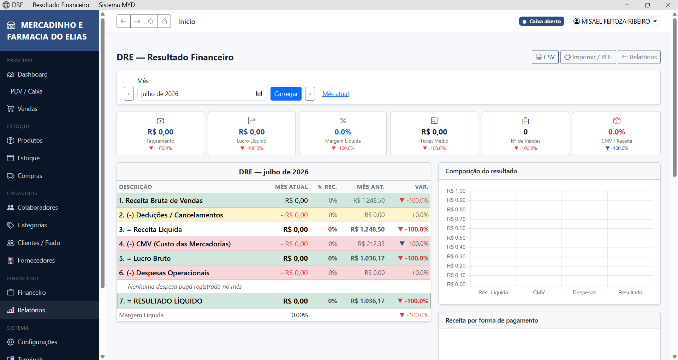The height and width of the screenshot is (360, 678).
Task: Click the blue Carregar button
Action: point(286,94)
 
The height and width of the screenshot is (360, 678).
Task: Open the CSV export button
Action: point(545,57)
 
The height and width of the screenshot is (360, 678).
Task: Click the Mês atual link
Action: point(335,94)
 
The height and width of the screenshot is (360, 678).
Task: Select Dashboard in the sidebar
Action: point(32,74)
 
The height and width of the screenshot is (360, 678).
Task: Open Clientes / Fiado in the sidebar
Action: point(39,243)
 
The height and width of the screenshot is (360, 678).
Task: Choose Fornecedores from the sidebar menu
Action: point(36,260)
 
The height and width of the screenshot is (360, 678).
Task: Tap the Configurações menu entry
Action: point(37,342)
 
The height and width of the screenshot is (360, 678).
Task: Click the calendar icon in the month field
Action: point(259,94)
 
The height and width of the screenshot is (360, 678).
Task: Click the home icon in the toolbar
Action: point(164,21)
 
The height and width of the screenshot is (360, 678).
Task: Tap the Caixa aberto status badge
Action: point(542,22)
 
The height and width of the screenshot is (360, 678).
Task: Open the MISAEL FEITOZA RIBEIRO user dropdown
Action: point(615,22)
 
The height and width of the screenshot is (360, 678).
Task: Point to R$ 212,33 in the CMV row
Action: point(371,244)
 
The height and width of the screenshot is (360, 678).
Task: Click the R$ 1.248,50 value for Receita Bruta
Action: point(369,200)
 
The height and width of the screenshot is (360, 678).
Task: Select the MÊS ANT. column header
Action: point(371,187)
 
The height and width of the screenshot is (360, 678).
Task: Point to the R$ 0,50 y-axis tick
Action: point(456,238)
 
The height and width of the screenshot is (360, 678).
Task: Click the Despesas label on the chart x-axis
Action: point(584,293)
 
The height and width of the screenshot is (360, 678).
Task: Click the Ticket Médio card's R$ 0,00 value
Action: point(434,132)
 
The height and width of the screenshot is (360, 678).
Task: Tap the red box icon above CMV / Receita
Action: point(617,121)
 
